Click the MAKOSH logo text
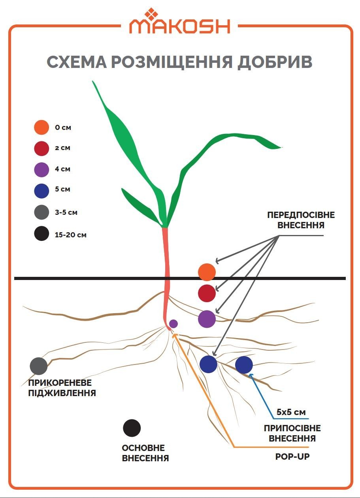coord(180,26)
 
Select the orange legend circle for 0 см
coord(41,128)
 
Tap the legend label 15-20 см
coord(71,235)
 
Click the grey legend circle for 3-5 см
coord(41,212)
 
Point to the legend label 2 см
coord(63,148)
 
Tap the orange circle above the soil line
coord(207,272)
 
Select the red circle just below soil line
coord(207,293)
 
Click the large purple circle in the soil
coord(207,319)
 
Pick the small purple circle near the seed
coord(173,324)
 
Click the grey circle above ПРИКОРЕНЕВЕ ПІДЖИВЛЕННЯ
coord(39,366)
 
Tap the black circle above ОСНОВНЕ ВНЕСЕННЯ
coord(132,428)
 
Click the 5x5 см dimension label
coord(291,412)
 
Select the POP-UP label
coord(292,457)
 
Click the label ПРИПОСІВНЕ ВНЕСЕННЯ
coord(292,433)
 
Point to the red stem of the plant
coord(166,269)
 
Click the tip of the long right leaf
coord(281,148)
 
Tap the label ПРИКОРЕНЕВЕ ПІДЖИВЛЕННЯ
coord(62,388)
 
